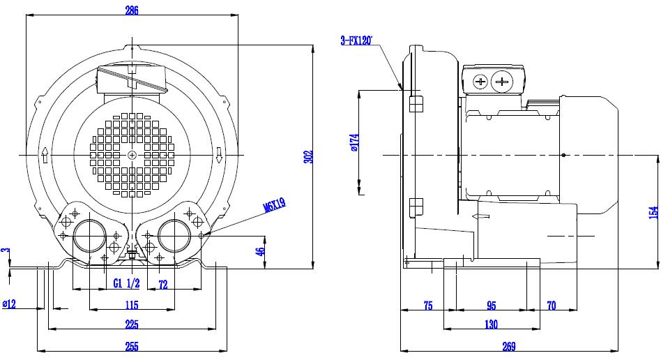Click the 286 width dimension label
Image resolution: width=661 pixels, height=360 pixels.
132,10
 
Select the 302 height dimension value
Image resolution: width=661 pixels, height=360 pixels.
309,156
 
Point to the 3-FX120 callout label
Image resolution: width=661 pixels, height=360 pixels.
356,40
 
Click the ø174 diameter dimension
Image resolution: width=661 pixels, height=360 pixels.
354,142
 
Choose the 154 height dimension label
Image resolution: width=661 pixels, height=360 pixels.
653,212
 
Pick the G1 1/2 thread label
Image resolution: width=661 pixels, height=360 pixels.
126,283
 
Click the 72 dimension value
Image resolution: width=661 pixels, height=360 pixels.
162,285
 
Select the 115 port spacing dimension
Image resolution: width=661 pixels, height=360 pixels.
132,304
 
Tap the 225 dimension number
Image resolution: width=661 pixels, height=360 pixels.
132,324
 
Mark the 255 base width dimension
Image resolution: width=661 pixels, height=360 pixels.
132,347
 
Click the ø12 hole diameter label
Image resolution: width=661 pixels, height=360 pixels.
9,304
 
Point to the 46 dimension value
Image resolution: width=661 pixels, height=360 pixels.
261,250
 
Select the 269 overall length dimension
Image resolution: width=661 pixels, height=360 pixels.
509,347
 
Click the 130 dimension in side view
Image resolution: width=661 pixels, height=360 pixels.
491,324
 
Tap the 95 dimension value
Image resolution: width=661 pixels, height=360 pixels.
492,305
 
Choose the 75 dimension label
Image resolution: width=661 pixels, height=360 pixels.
428,305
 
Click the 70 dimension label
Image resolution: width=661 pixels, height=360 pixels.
552,305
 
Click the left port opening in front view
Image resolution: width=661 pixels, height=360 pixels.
90,236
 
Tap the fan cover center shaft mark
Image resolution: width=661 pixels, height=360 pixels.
132,156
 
